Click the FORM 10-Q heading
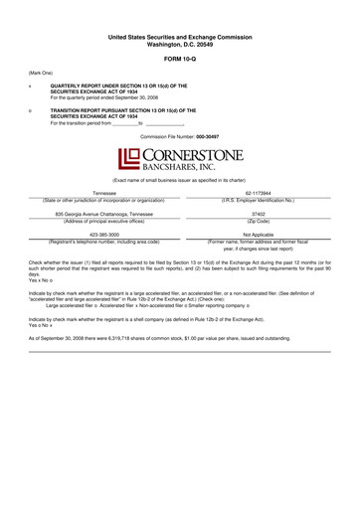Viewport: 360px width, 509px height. click(179, 59)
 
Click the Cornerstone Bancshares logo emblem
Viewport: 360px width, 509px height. click(126, 158)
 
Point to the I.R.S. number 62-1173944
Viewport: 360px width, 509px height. click(259, 192)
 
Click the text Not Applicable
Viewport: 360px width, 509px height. click(259, 235)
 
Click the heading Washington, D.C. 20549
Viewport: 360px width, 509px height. click(179, 44)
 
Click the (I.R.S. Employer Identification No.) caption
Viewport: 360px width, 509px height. click(259, 199)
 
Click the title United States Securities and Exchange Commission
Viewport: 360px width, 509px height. click(179, 37)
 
